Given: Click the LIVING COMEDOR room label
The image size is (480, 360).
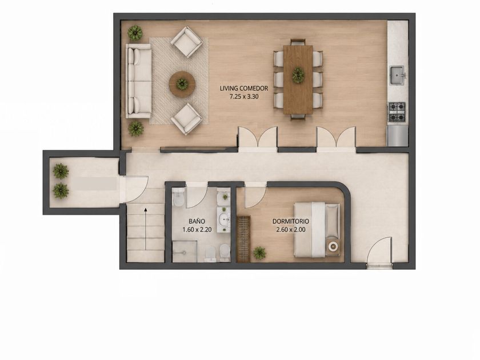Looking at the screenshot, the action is (243, 89).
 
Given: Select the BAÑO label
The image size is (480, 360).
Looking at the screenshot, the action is (197, 221).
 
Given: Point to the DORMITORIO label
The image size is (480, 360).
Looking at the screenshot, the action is (290, 221).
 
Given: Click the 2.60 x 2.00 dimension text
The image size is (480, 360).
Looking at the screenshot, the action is (290, 230).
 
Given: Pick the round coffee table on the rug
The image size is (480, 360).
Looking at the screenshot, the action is (182, 83).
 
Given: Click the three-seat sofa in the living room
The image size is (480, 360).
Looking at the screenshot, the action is (139, 81).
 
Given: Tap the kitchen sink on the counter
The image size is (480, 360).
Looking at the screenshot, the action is (397, 75).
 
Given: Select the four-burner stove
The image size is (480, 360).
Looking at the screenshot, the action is (397, 112).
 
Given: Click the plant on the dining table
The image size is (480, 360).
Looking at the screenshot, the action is (298, 74).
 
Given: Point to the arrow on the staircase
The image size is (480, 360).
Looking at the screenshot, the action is (146, 229).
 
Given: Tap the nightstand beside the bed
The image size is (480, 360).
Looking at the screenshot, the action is (333, 247).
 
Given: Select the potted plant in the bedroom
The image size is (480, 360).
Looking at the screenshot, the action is (259, 253).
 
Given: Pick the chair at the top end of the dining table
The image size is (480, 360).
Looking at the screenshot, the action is (298, 42).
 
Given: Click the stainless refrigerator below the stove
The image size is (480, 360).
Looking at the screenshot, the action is (397, 135).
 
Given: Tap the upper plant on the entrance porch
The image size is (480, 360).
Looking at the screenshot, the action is (61, 171).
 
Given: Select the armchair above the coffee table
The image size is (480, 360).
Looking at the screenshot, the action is (186, 42).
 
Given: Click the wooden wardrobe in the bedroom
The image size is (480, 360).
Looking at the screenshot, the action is (243, 239).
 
